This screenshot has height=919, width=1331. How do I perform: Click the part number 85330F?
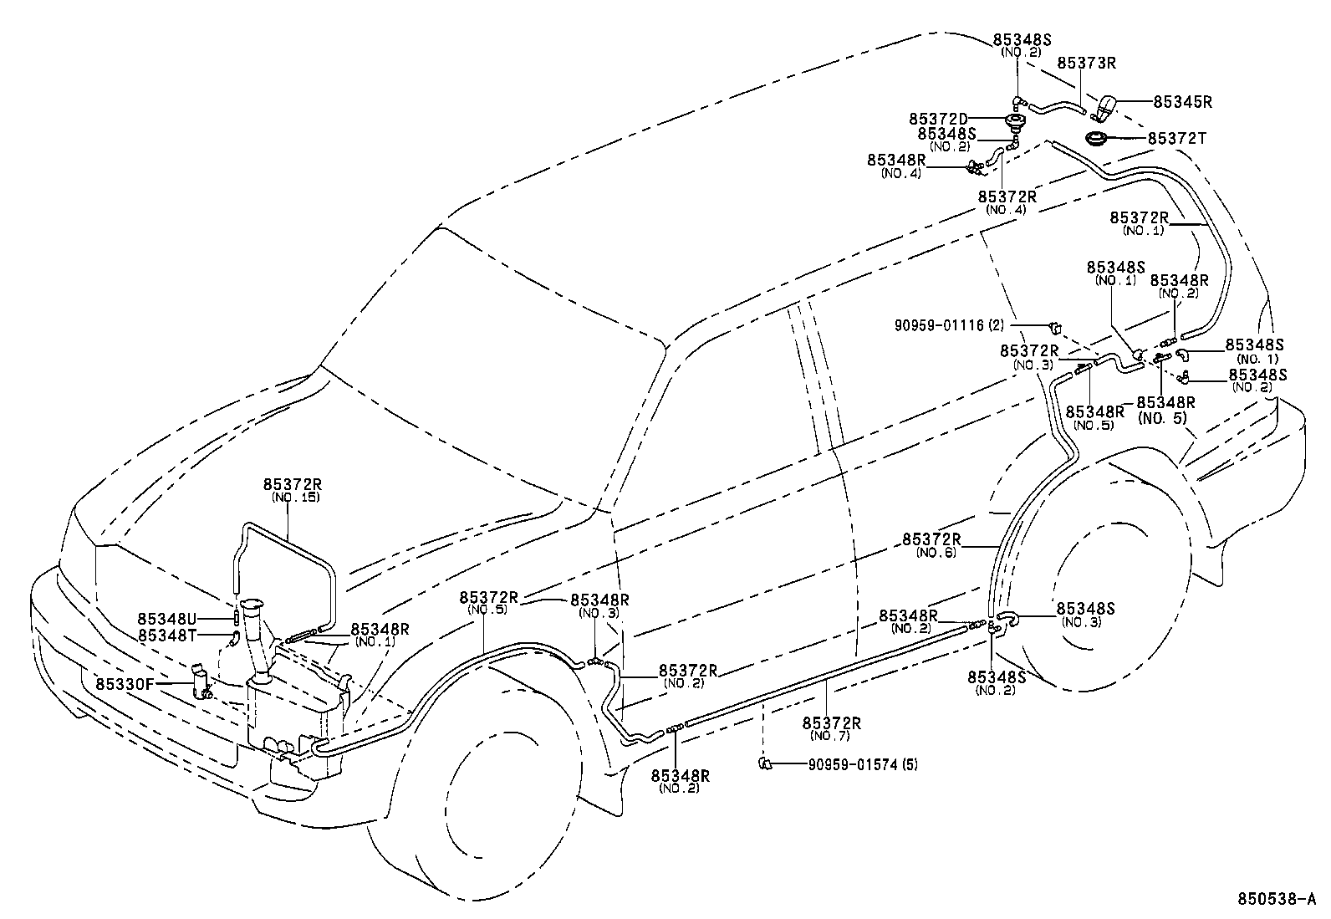point(124,683)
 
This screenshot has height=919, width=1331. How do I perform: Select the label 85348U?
point(166,619)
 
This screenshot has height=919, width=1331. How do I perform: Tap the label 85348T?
point(166,636)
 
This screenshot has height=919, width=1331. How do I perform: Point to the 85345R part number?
point(1182,102)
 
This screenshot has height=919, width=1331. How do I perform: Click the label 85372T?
point(1176,139)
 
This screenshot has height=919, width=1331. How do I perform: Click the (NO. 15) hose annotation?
point(296,498)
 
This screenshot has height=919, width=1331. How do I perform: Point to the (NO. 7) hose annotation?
point(831,736)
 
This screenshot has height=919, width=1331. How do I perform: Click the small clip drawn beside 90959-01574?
point(764,762)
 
